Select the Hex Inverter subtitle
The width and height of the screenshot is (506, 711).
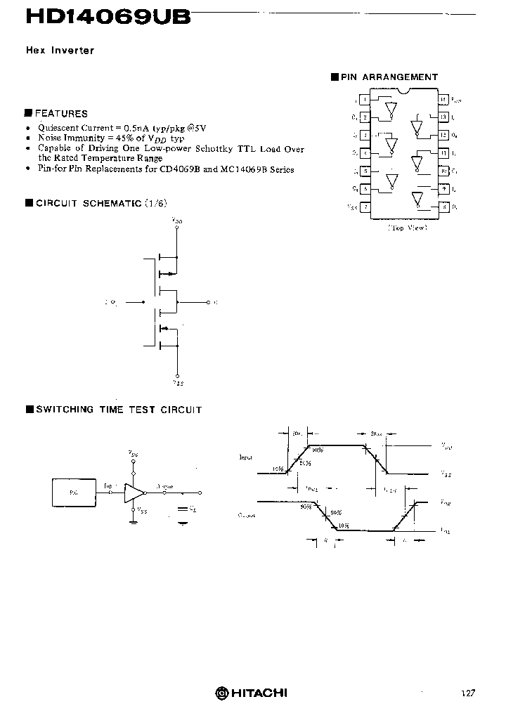click(x=60, y=51)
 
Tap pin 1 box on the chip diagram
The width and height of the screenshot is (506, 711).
click(x=365, y=100)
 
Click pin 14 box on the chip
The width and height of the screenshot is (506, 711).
click(x=443, y=100)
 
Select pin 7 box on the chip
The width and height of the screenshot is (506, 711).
click(x=365, y=207)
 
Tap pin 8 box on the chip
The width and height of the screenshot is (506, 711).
click(x=443, y=207)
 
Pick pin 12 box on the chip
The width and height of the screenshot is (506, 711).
click(x=443, y=135)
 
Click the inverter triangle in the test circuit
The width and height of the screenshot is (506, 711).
click(x=133, y=493)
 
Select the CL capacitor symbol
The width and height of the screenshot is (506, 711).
click(x=183, y=508)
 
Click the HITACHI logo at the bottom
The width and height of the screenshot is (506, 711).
click(x=252, y=693)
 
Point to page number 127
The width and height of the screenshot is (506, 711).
click(x=468, y=693)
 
